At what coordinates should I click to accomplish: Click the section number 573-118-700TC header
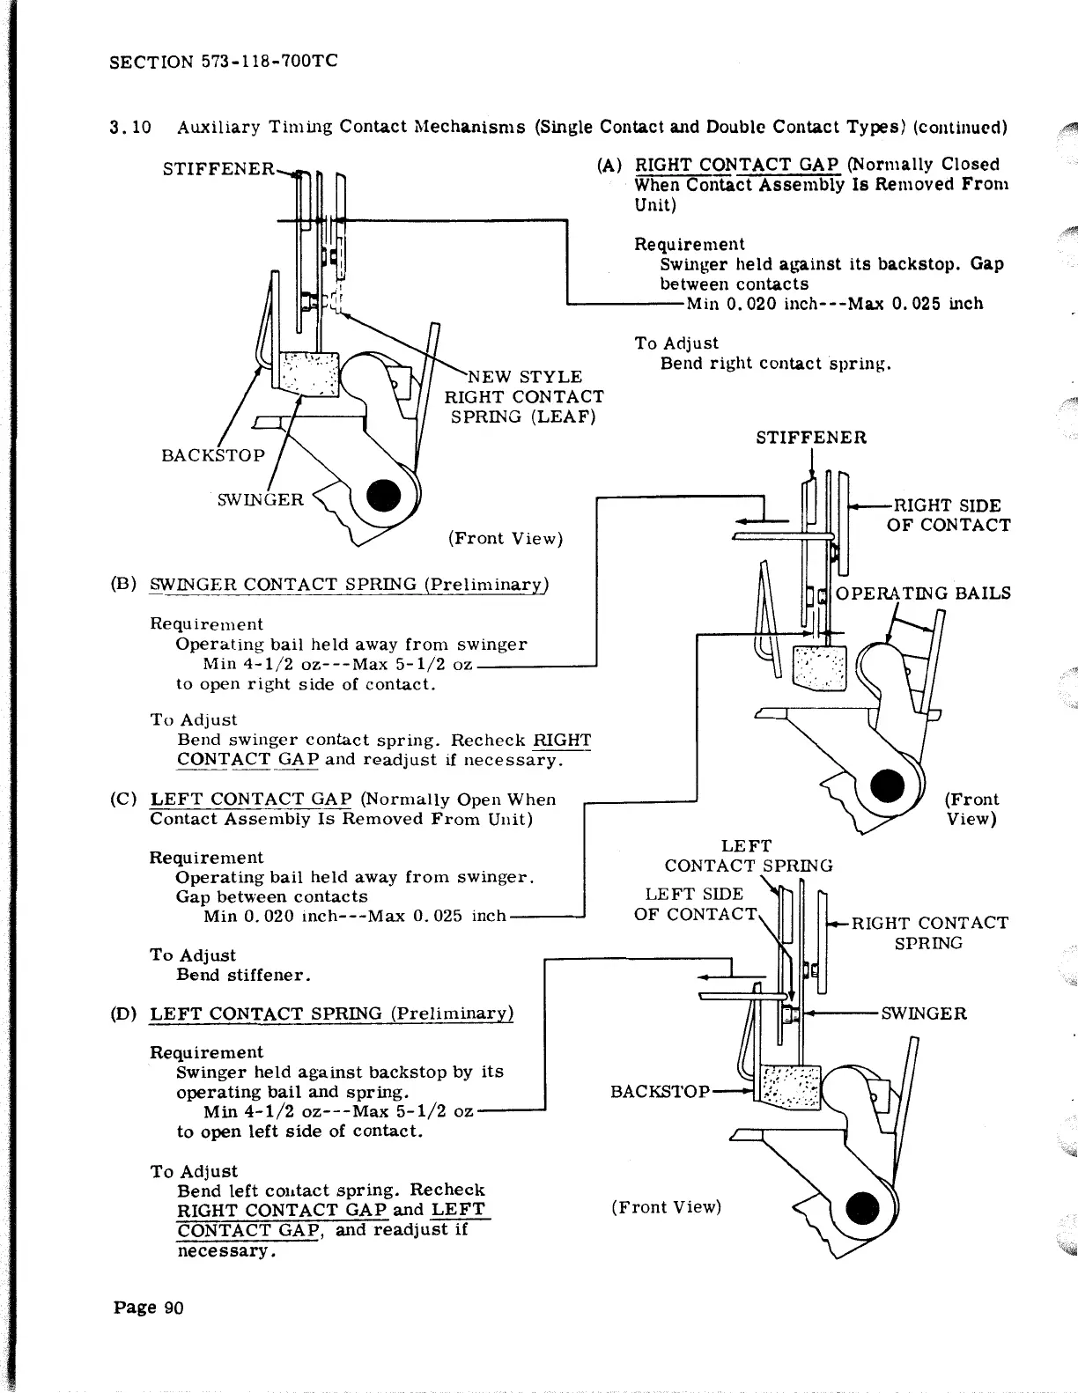click(x=224, y=62)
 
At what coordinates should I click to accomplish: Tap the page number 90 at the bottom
click(x=149, y=1308)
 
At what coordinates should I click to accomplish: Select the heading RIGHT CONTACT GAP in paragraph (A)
click(x=738, y=165)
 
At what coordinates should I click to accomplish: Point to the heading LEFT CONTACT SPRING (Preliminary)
click(x=331, y=1013)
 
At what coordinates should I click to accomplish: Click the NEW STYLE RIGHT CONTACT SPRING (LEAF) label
click(x=524, y=396)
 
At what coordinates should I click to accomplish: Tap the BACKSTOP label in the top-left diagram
click(x=213, y=455)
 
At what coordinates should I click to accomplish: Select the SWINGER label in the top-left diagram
click(x=260, y=500)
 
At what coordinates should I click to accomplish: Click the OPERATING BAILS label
click(x=922, y=593)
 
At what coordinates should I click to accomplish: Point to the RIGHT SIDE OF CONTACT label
click(x=948, y=515)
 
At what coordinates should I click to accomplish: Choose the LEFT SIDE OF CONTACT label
click(x=695, y=904)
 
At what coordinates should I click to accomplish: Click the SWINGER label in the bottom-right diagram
click(x=924, y=1013)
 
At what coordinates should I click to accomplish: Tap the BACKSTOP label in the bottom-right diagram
click(x=660, y=1092)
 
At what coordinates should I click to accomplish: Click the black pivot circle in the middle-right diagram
click(x=887, y=785)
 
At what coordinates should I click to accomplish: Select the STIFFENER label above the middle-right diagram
click(x=811, y=438)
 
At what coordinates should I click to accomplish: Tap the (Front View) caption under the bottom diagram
click(x=666, y=1207)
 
